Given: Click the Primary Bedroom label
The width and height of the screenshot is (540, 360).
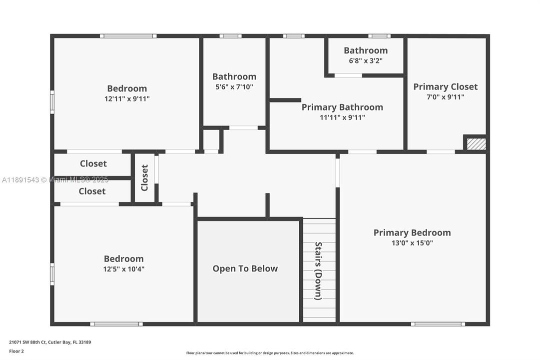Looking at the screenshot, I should coord(412,232).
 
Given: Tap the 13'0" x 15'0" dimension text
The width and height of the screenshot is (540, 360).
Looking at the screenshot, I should coord(412,243).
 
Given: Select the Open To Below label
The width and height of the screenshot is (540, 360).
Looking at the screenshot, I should coord(245,268).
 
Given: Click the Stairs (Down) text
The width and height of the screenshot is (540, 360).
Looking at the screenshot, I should coord(318,270).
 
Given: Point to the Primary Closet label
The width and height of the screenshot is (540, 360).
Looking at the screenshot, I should coord(445,86).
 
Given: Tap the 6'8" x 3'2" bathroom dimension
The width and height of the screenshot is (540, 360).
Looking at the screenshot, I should coord(365,60).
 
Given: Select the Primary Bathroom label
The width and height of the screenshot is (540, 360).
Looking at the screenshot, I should coord(342,107).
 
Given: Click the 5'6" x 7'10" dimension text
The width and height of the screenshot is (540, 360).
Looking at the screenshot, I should coord(234,86).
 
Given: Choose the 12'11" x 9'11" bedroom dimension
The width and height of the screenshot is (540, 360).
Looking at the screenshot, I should coord(127,99).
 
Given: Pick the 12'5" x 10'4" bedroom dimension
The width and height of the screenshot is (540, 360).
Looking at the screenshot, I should coord(124,269).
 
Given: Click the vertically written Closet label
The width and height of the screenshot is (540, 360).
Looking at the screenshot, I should coord(145,178).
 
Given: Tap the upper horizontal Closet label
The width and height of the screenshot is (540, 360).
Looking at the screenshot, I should coord(93,163).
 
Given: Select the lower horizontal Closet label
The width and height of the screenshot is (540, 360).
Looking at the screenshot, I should coord(92,191).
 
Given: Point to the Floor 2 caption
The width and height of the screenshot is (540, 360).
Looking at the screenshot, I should coord(16,351).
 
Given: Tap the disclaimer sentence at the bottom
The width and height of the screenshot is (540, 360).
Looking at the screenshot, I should coord(270,353).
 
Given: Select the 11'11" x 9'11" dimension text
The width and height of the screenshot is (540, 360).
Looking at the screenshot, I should coord(342,117).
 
